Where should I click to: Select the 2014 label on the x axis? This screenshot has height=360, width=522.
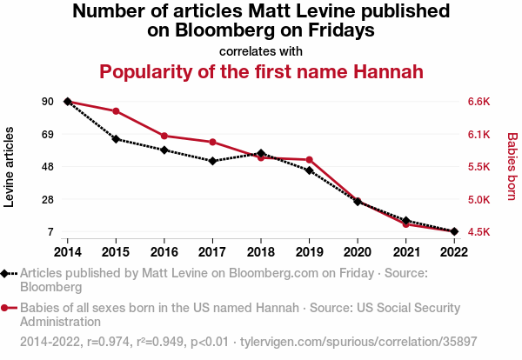[67, 251]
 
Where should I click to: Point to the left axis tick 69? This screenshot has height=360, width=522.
[47, 135]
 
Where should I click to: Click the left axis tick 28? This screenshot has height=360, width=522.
[47, 200]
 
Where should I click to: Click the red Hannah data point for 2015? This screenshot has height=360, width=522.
[116, 111]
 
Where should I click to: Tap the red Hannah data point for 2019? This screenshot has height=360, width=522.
[309, 160]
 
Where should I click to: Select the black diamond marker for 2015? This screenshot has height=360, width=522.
[116, 138]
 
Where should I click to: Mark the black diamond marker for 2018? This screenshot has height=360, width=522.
[261, 153]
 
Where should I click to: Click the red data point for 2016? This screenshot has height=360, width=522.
[164, 136]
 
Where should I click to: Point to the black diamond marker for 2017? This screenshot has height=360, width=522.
[212, 161]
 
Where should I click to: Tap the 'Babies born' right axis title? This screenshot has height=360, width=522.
[512, 167]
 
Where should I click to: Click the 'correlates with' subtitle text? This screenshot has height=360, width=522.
[261, 50]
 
